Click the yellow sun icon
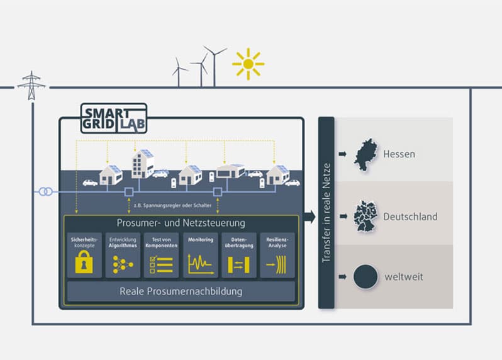click(x=248, y=64)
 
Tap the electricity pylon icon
click(x=31, y=86)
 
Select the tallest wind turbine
click(x=215, y=66)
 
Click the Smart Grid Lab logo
click(x=114, y=118)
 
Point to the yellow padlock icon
click(x=84, y=262)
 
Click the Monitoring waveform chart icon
click(x=201, y=264)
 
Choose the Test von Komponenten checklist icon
click(x=161, y=264)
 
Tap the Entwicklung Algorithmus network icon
click(x=123, y=264)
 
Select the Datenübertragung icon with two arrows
click(x=238, y=264)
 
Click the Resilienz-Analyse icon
click(x=276, y=264)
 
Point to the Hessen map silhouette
click(x=365, y=155)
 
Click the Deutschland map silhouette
click(x=365, y=217)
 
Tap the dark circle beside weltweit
click(x=365, y=277)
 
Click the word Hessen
click(x=399, y=154)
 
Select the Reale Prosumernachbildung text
click(x=181, y=291)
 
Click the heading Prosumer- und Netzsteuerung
click(x=181, y=223)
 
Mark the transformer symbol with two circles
click(x=46, y=192)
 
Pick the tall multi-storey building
click(x=143, y=164)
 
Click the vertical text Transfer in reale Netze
click(x=326, y=213)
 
